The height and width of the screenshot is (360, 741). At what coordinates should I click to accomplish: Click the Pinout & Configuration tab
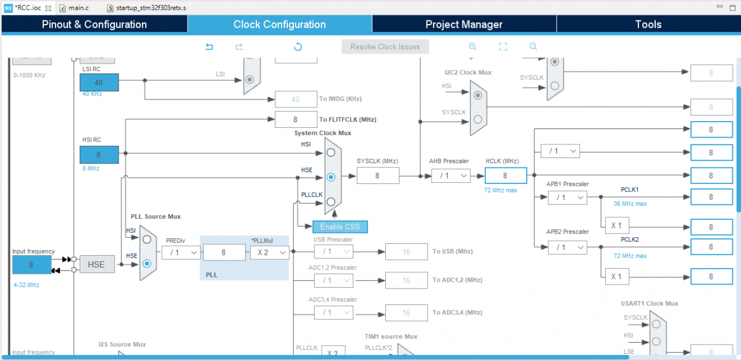(x=94, y=25)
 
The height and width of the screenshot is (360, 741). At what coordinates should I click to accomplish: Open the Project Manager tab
(x=464, y=25)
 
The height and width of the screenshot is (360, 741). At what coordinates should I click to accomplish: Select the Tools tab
(x=648, y=25)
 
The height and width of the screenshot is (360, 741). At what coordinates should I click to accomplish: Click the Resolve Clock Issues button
(x=385, y=47)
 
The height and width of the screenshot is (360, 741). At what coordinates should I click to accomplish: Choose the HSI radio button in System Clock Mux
(x=331, y=153)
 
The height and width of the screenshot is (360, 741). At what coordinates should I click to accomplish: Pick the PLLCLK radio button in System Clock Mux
(x=331, y=202)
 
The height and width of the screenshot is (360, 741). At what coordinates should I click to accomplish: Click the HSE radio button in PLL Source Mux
(x=147, y=264)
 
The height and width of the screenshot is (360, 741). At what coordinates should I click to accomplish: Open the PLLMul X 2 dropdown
(x=269, y=252)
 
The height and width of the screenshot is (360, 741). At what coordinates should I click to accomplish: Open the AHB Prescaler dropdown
(x=450, y=176)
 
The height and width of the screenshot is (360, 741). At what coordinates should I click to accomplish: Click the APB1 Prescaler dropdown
(x=567, y=198)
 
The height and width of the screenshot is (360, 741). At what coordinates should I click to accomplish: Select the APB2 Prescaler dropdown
(x=567, y=247)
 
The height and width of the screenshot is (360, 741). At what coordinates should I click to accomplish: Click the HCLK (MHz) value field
(x=505, y=176)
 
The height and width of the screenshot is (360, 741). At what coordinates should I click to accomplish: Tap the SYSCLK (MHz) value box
(x=377, y=176)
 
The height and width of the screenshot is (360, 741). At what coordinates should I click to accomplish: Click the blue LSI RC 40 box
(x=98, y=82)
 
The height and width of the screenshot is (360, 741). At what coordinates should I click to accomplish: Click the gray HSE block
(x=97, y=264)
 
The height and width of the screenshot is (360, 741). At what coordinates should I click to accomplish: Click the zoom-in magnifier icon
(x=473, y=47)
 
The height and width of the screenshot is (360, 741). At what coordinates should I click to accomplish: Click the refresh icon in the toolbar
(x=298, y=47)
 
